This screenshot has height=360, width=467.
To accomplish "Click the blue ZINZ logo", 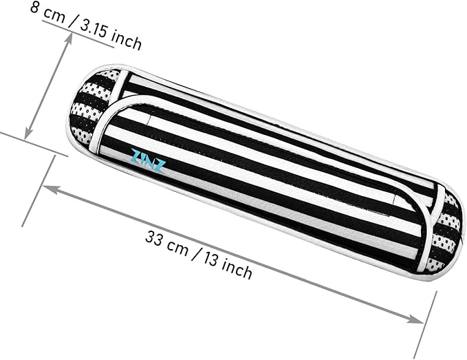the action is point(148,161).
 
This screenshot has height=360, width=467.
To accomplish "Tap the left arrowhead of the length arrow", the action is point(50,189).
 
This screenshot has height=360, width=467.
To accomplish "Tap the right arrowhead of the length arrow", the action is point(416,319).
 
